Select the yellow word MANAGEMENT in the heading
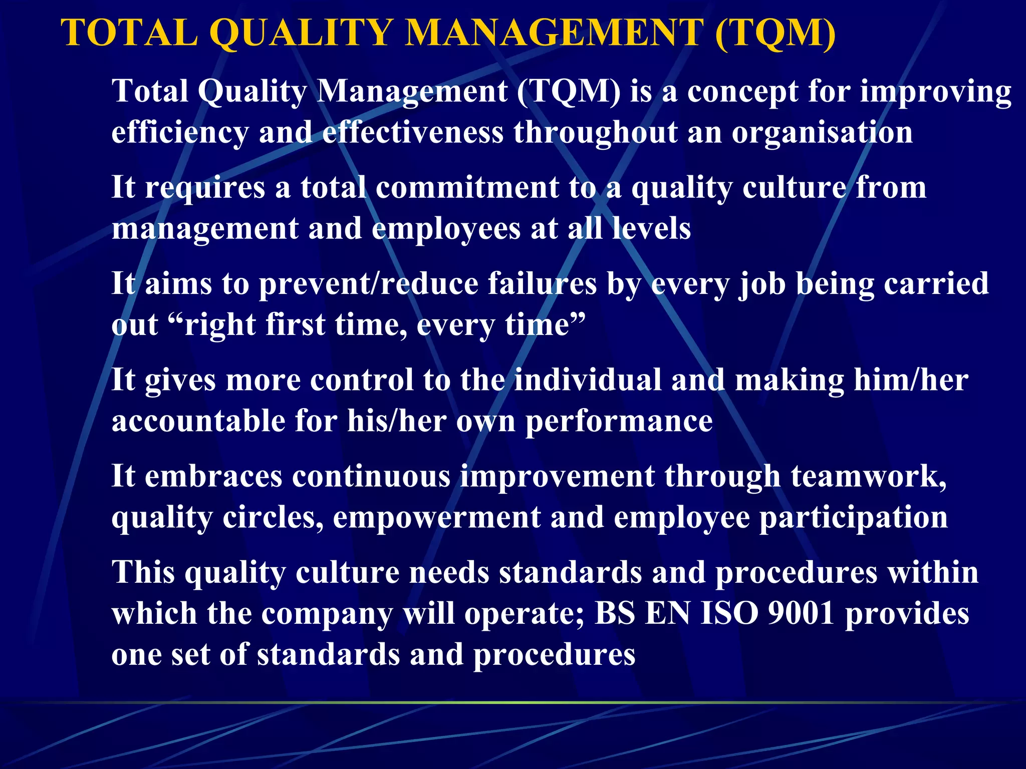tap(554, 33)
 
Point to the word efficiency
tap(180, 133)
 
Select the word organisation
tap(822, 133)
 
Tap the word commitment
tap(467, 188)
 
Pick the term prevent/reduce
tap(369, 284)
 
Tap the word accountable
tap(198, 421)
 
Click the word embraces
tap(213, 476)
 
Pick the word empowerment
tap(436, 517)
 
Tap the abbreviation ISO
tap(729, 613)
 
